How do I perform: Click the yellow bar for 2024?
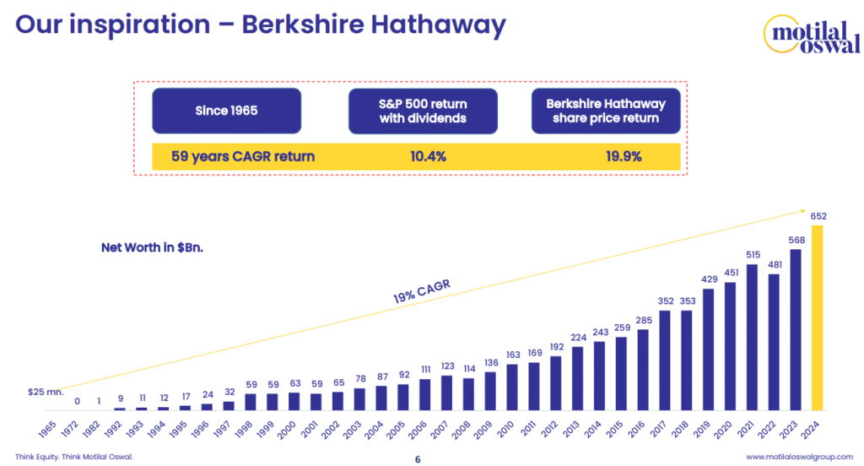click(x=818, y=317)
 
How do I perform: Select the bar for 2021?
click(x=752, y=337)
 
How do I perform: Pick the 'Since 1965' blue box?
click(x=226, y=111)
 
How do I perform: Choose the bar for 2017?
click(x=665, y=360)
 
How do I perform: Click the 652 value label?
click(x=818, y=216)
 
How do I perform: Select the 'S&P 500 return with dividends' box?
click(x=423, y=111)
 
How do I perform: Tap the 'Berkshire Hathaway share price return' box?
click(x=606, y=111)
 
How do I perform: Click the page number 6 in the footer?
click(x=418, y=459)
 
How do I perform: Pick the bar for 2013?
click(x=576, y=379)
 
